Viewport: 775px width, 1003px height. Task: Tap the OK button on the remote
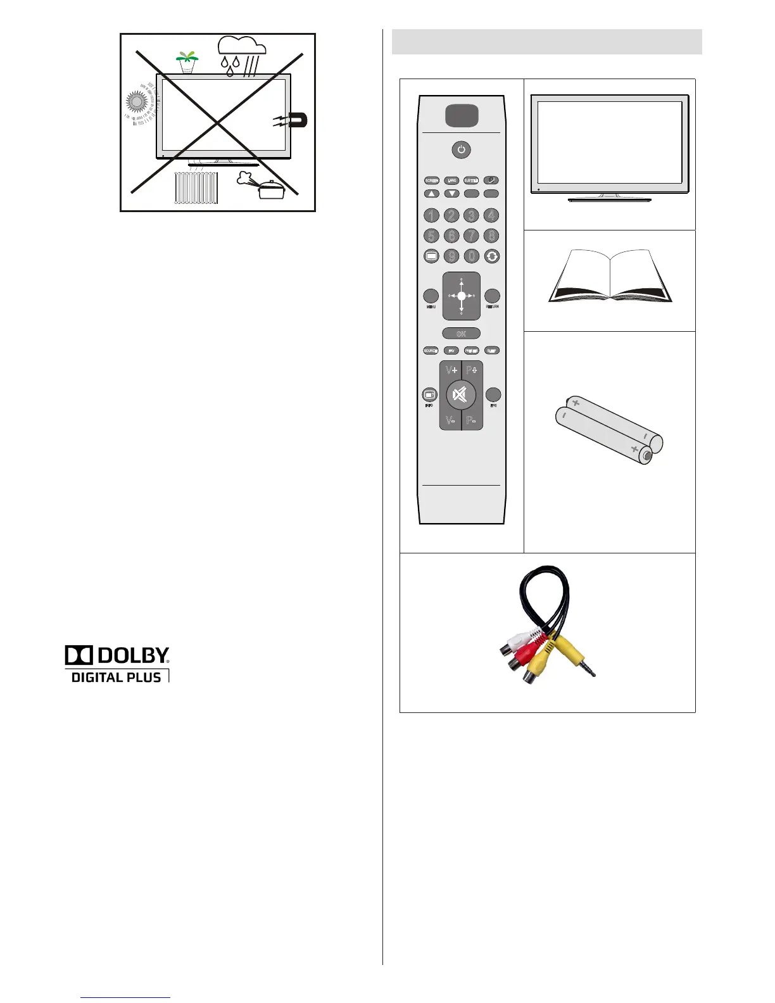[x=461, y=334]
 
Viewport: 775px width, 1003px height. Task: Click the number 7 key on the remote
[x=471, y=236]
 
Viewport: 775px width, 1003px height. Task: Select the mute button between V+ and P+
[x=461, y=395]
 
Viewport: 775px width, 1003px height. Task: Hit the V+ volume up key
[x=451, y=370]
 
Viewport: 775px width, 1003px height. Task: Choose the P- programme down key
[x=472, y=420]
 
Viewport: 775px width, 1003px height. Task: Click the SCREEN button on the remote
[x=432, y=180]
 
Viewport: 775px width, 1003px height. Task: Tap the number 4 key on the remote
[x=491, y=215]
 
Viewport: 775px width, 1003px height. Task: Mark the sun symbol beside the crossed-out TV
[x=136, y=103]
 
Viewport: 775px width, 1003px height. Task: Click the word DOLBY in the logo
[x=132, y=655]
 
